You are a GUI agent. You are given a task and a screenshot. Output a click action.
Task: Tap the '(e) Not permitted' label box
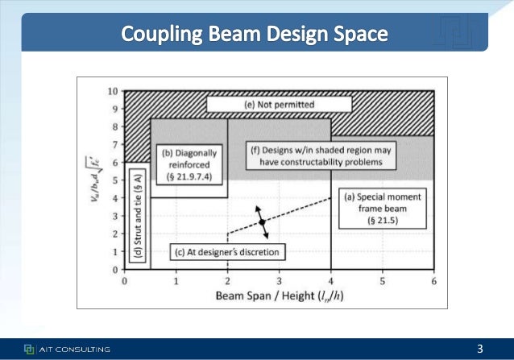coord(279,105)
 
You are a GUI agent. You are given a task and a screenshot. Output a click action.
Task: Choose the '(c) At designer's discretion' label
coord(228,253)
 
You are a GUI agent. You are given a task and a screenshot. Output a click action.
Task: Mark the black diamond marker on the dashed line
coord(262,221)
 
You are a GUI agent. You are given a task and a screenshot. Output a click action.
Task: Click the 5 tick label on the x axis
coord(383,280)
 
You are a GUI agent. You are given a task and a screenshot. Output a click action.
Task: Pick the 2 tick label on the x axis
coord(228,280)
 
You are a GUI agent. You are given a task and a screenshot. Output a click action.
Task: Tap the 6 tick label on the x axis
coord(434,280)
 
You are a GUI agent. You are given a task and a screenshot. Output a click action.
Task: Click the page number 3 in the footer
coord(480,349)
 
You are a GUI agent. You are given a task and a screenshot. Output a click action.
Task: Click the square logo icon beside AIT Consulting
coord(29,349)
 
